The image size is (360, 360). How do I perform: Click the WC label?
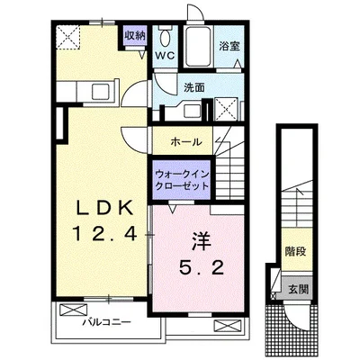pyautogui.click(x=165, y=55)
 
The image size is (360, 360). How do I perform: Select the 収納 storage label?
pyautogui.click(x=135, y=36)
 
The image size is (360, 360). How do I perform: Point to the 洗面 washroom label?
pyautogui.click(x=193, y=87)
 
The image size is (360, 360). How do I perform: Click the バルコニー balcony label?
pyautogui.click(x=107, y=321)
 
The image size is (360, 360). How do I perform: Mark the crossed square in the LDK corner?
pyautogui.click(x=70, y=38)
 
